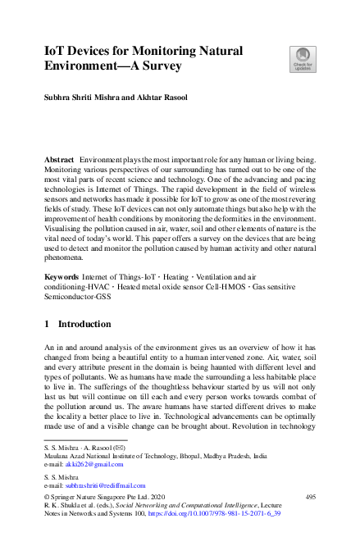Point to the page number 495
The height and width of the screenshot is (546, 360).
pyautogui.click(x=310, y=498)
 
